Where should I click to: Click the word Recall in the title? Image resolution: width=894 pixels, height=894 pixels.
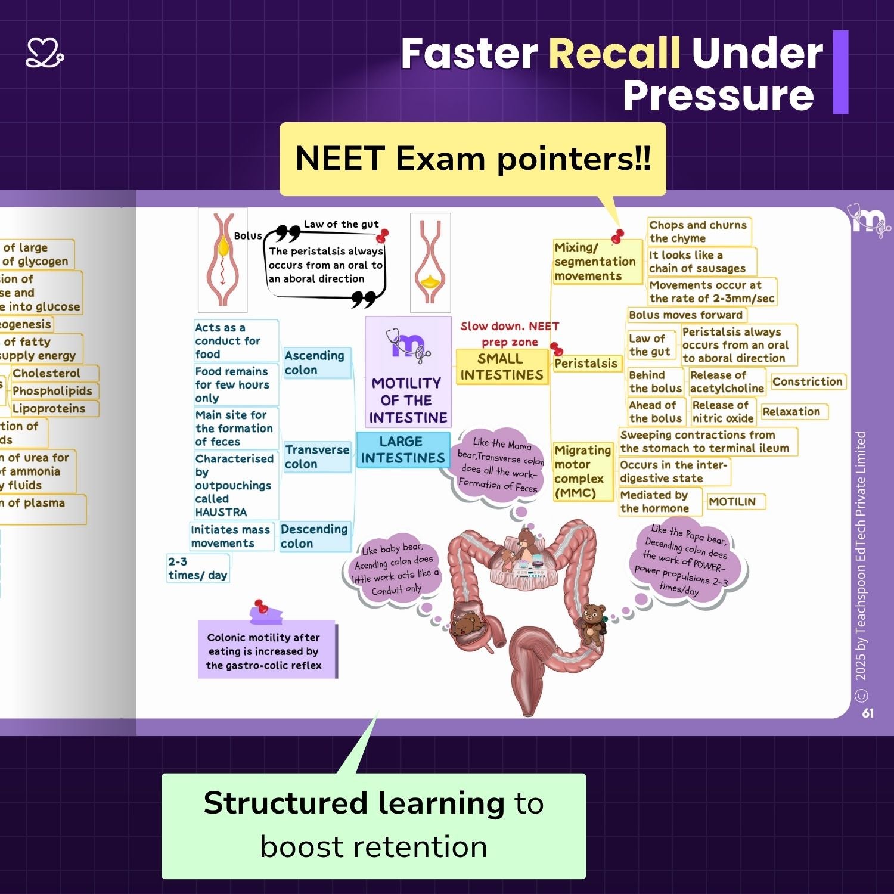tap(614, 54)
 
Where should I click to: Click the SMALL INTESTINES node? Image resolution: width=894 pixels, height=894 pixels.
tap(501, 367)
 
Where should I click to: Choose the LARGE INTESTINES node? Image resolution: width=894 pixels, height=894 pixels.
tap(402, 450)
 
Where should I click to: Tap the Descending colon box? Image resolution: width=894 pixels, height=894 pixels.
tap(314, 536)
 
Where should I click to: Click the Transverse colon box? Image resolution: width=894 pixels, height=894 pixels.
tap(317, 457)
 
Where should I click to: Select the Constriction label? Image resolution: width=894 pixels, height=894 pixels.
tap(807, 381)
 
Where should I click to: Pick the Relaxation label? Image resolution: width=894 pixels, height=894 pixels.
tap(791, 412)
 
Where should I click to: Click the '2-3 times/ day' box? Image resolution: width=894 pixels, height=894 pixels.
tap(197, 568)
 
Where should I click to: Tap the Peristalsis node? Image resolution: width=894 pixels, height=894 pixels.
tap(586, 364)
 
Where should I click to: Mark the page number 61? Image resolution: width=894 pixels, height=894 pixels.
tap(868, 713)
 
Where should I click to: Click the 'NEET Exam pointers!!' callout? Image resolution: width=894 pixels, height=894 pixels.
tap(473, 159)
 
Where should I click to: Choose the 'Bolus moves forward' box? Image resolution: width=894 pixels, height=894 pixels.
tap(685, 315)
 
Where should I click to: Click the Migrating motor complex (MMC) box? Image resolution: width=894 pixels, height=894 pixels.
tap(582, 471)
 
